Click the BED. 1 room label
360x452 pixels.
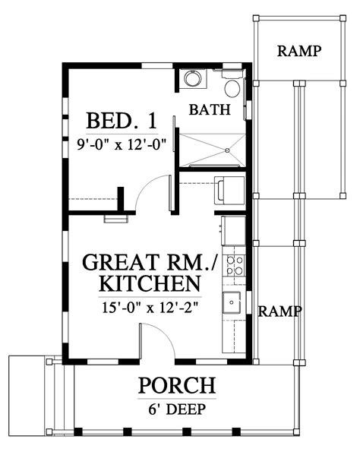click(x=122, y=120)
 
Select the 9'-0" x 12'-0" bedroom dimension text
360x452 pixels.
click(x=122, y=141)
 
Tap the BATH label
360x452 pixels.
click(x=209, y=110)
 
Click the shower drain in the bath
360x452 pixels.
click(x=226, y=150)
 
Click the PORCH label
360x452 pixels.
click(x=176, y=386)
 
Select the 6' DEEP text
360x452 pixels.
click(x=176, y=408)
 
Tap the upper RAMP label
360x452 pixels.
click(x=299, y=52)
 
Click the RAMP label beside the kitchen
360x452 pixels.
click(x=280, y=311)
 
